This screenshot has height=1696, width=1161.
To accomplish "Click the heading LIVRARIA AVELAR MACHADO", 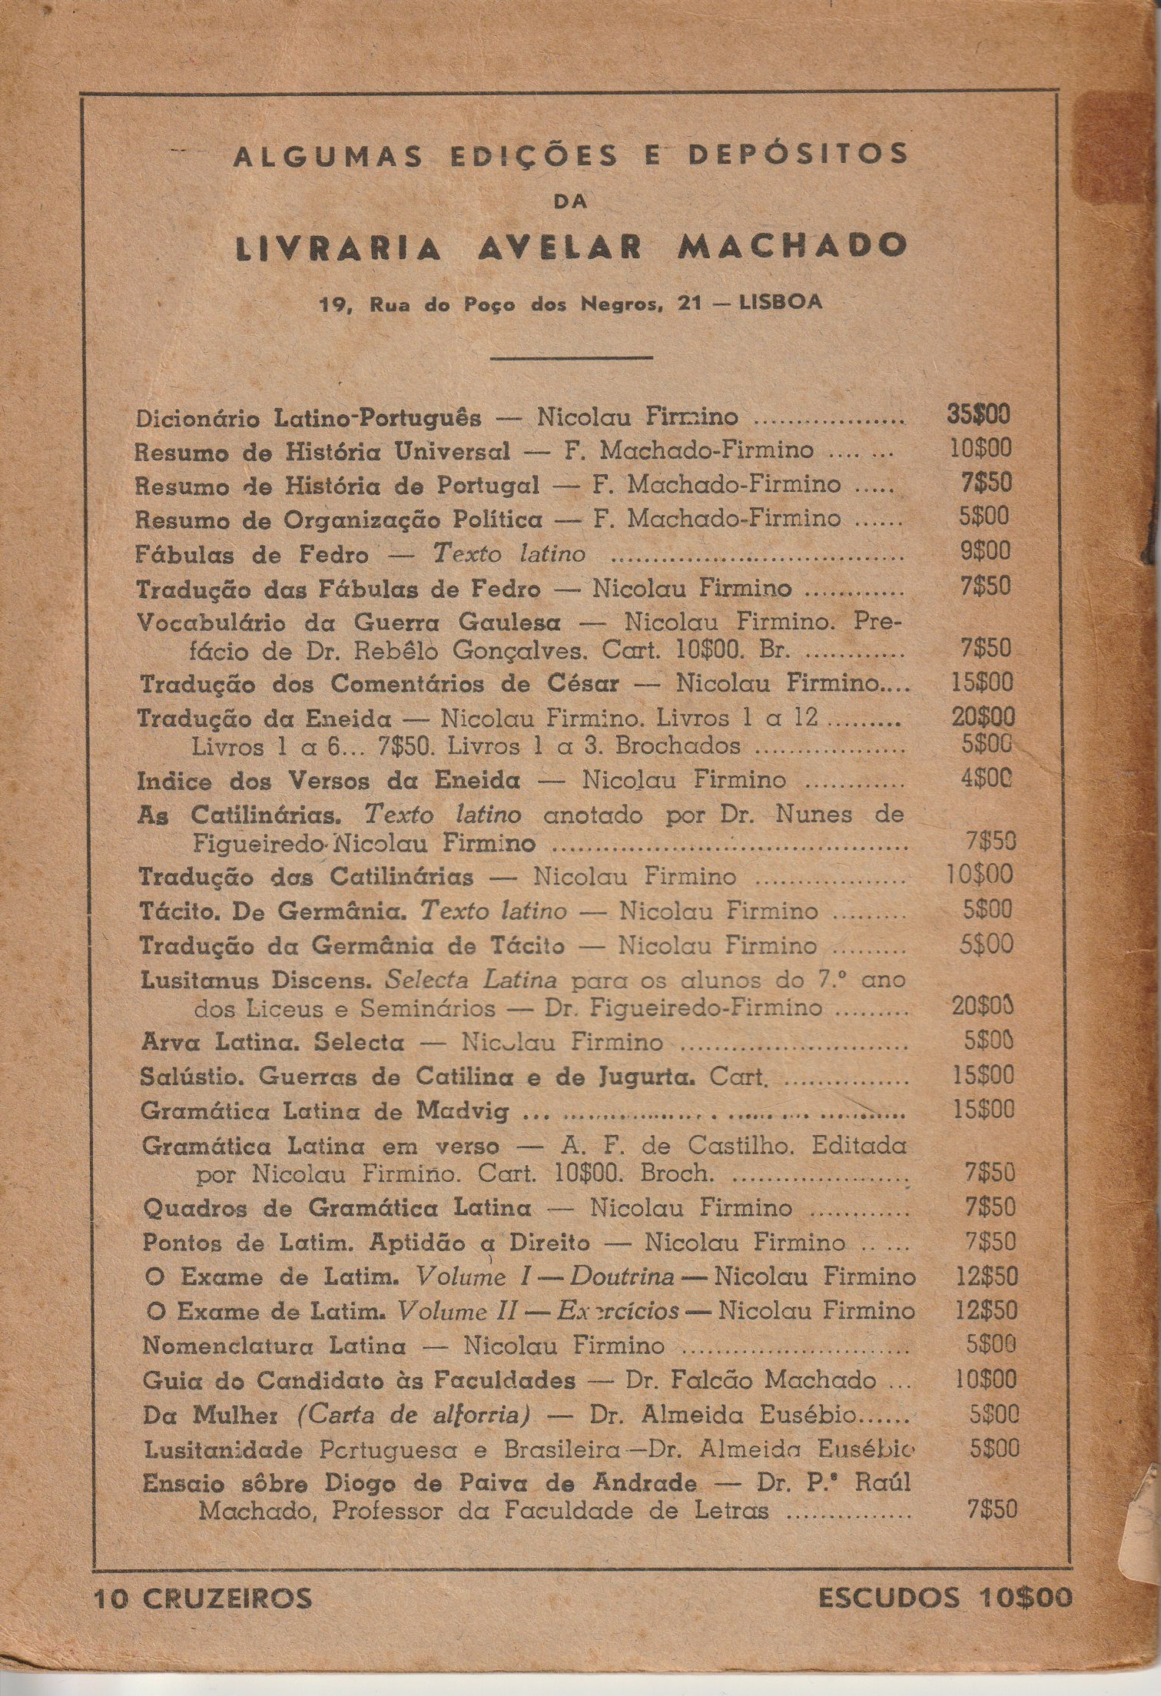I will [x=570, y=246].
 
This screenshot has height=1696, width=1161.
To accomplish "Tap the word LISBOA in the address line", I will [x=779, y=303].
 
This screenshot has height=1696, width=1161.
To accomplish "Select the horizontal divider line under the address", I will [x=571, y=357].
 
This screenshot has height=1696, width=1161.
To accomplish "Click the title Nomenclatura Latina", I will [x=274, y=1346].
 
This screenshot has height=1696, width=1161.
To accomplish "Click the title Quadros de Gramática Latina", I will [x=337, y=1207].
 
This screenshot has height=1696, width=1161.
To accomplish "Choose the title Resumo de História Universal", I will [x=322, y=451].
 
